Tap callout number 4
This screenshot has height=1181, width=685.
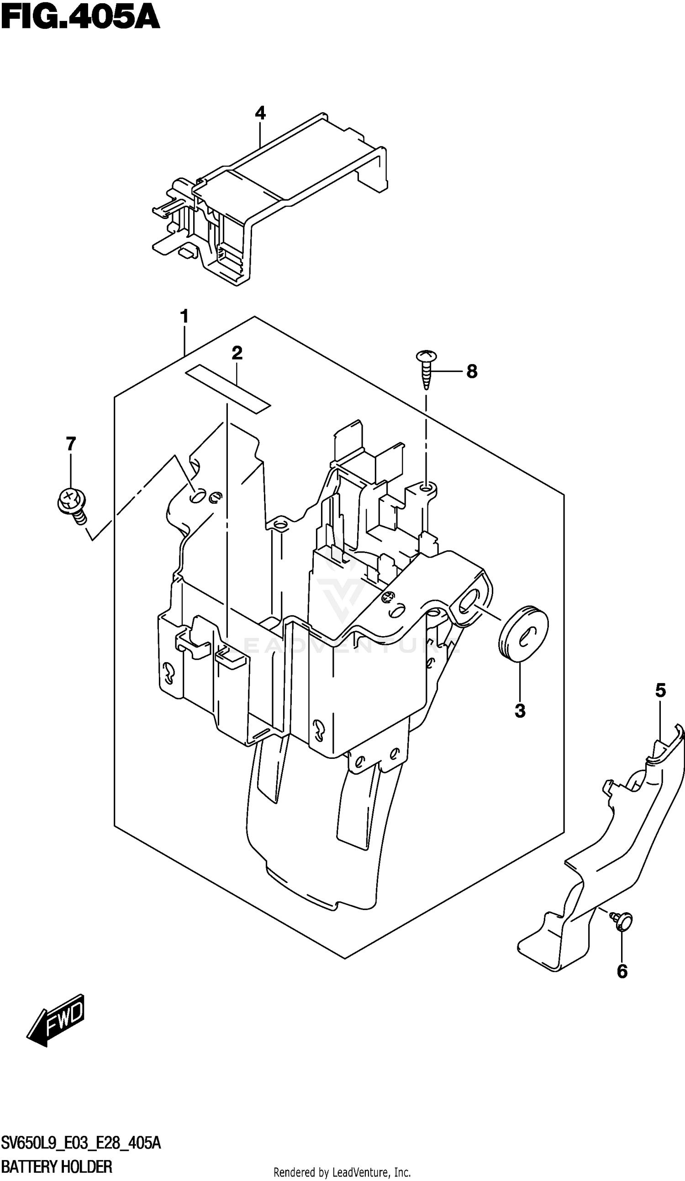point(260,113)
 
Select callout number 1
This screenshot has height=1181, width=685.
point(185,317)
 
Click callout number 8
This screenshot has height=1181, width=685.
point(472,371)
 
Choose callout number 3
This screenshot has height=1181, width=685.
point(520,711)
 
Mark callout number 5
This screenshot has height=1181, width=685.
point(660,690)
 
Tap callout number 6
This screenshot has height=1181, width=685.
point(622,972)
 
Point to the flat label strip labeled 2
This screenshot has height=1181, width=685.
point(228,389)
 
